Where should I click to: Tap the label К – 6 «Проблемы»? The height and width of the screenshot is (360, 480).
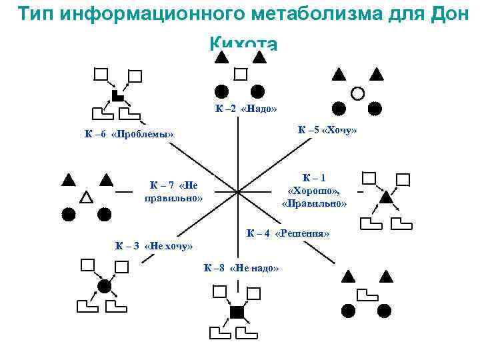click(129, 135)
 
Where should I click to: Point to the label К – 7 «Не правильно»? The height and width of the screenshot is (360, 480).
click(173, 191)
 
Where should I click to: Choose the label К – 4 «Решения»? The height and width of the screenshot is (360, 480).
click(288, 233)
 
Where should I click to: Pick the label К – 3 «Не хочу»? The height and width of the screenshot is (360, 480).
click(153, 246)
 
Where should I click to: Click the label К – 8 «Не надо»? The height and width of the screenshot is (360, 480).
click(241, 267)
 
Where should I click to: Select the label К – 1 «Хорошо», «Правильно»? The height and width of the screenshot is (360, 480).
click(314, 191)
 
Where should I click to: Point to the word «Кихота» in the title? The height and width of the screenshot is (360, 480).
click(242, 43)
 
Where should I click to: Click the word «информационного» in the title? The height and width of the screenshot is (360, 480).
click(160, 13)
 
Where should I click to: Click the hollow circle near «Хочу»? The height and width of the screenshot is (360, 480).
click(357, 93)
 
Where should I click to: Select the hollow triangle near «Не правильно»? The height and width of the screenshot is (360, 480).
click(86, 197)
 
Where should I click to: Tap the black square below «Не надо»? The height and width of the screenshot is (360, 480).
click(237, 312)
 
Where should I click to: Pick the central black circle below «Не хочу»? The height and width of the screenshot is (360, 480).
click(104, 286)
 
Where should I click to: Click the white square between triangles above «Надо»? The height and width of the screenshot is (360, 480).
click(241, 74)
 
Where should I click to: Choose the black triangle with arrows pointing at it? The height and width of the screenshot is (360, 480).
click(385, 197)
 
